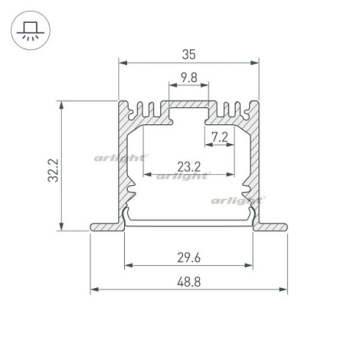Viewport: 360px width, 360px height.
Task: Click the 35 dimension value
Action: point(189,54)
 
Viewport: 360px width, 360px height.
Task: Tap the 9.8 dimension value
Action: point(189,78)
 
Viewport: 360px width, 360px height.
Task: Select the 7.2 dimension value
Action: point(220,137)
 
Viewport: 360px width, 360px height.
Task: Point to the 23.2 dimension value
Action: point(189,167)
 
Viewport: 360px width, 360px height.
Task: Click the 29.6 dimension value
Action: point(189,258)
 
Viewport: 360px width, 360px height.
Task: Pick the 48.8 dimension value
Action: point(189,282)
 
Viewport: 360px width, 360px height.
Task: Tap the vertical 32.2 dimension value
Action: point(53,170)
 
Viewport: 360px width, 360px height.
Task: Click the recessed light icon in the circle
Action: point(30,30)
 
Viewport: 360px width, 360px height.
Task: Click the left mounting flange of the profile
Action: point(107,227)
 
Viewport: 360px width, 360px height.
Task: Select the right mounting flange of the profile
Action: point(270,227)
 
